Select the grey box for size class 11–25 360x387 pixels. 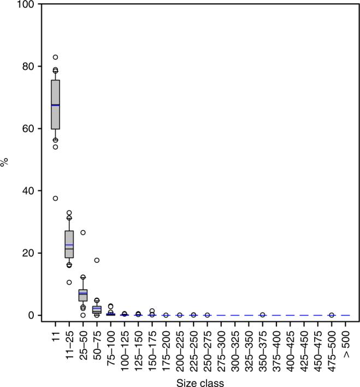(69, 244)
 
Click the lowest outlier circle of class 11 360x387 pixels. (55, 198)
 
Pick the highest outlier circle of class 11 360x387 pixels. (55, 57)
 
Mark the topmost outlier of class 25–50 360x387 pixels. (83, 232)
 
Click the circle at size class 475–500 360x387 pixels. (332, 315)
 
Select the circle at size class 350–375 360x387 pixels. (262, 315)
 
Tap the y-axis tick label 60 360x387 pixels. (29, 128)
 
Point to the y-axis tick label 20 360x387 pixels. (29, 253)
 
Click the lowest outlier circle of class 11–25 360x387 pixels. (69, 283)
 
